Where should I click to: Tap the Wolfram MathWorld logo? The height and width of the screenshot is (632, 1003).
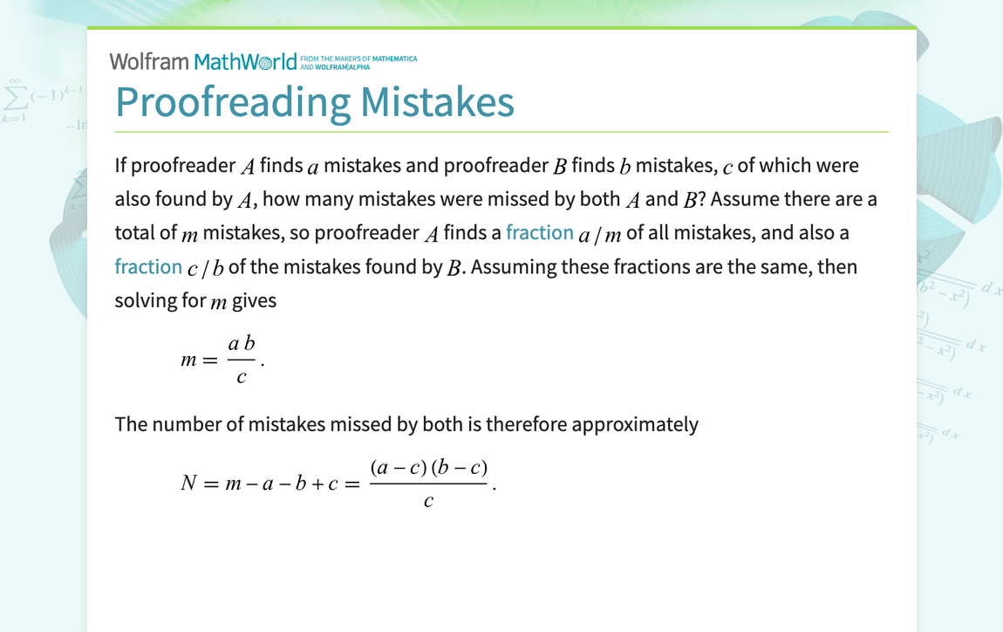tap(203, 62)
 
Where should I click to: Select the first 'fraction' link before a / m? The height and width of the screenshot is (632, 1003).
tap(540, 232)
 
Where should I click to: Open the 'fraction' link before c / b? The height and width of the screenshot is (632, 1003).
tap(148, 266)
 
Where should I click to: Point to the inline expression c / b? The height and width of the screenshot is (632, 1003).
tap(206, 268)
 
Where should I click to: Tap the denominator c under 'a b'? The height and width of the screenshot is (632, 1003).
tap(242, 377)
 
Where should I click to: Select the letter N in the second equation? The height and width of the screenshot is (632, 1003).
tap(188, 483)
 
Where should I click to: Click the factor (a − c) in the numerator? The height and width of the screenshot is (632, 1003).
tap(398, 467)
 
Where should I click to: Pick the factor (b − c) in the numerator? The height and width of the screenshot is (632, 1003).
tap(460, 467)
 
